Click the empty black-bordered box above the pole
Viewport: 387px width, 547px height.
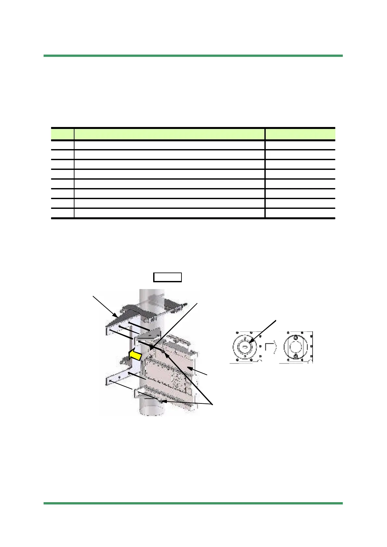pyautogui.click(x=167, y=277)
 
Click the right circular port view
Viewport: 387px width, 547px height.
pyautogui.click(x=296, y=347)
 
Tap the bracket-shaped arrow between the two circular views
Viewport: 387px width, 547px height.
pyautogui.click(x=271, y=348)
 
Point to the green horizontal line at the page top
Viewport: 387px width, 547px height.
pyautogui.click(x=193, y=56)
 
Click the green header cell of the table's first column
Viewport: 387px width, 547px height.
pyautogui.click(x=63, y=134)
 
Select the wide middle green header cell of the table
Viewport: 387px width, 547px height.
pyautogui.click(x=169, y=134)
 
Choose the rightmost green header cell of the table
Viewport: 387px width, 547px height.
pyautogui.click(x=300, y=134)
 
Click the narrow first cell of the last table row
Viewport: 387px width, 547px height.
pyautogui.click(x=63, y=213)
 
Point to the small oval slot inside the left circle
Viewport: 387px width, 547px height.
pyautogui.click(x=245, y=347)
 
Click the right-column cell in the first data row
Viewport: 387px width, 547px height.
pyautogui.click(x=300, y=145)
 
